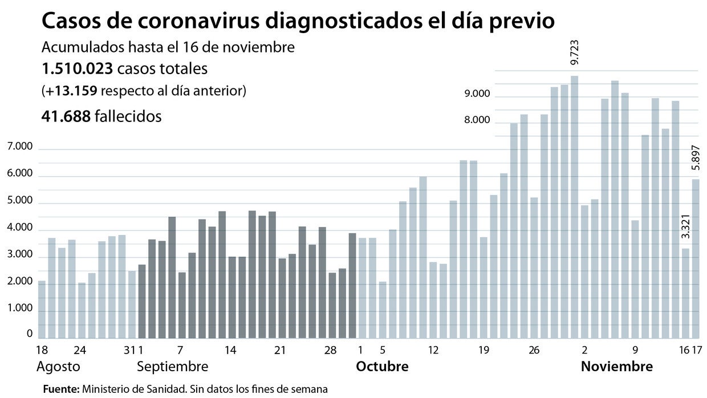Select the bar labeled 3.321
tap(686, 293)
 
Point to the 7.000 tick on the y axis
tap(21, 148)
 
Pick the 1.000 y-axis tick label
tap(21, 309)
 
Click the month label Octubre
tap(382, 366)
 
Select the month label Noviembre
tap(616, 366)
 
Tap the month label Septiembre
tap(173, 366)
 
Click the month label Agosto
tap(58, 366)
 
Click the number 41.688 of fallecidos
tap(66, 116)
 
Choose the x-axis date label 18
tap(42, 350)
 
